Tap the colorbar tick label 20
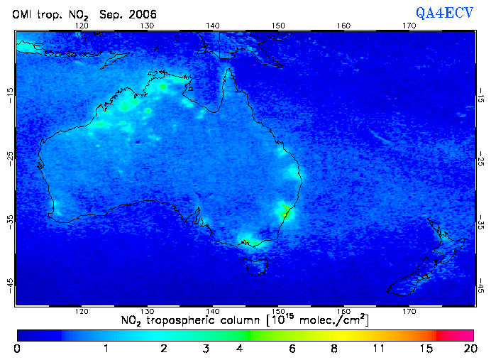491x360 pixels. pos(468,349)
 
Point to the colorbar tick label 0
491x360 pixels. pos(17,349)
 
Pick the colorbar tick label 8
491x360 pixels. pos(334,349)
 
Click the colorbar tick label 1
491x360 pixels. pos(106,349)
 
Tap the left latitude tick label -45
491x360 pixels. pos(10,283)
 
